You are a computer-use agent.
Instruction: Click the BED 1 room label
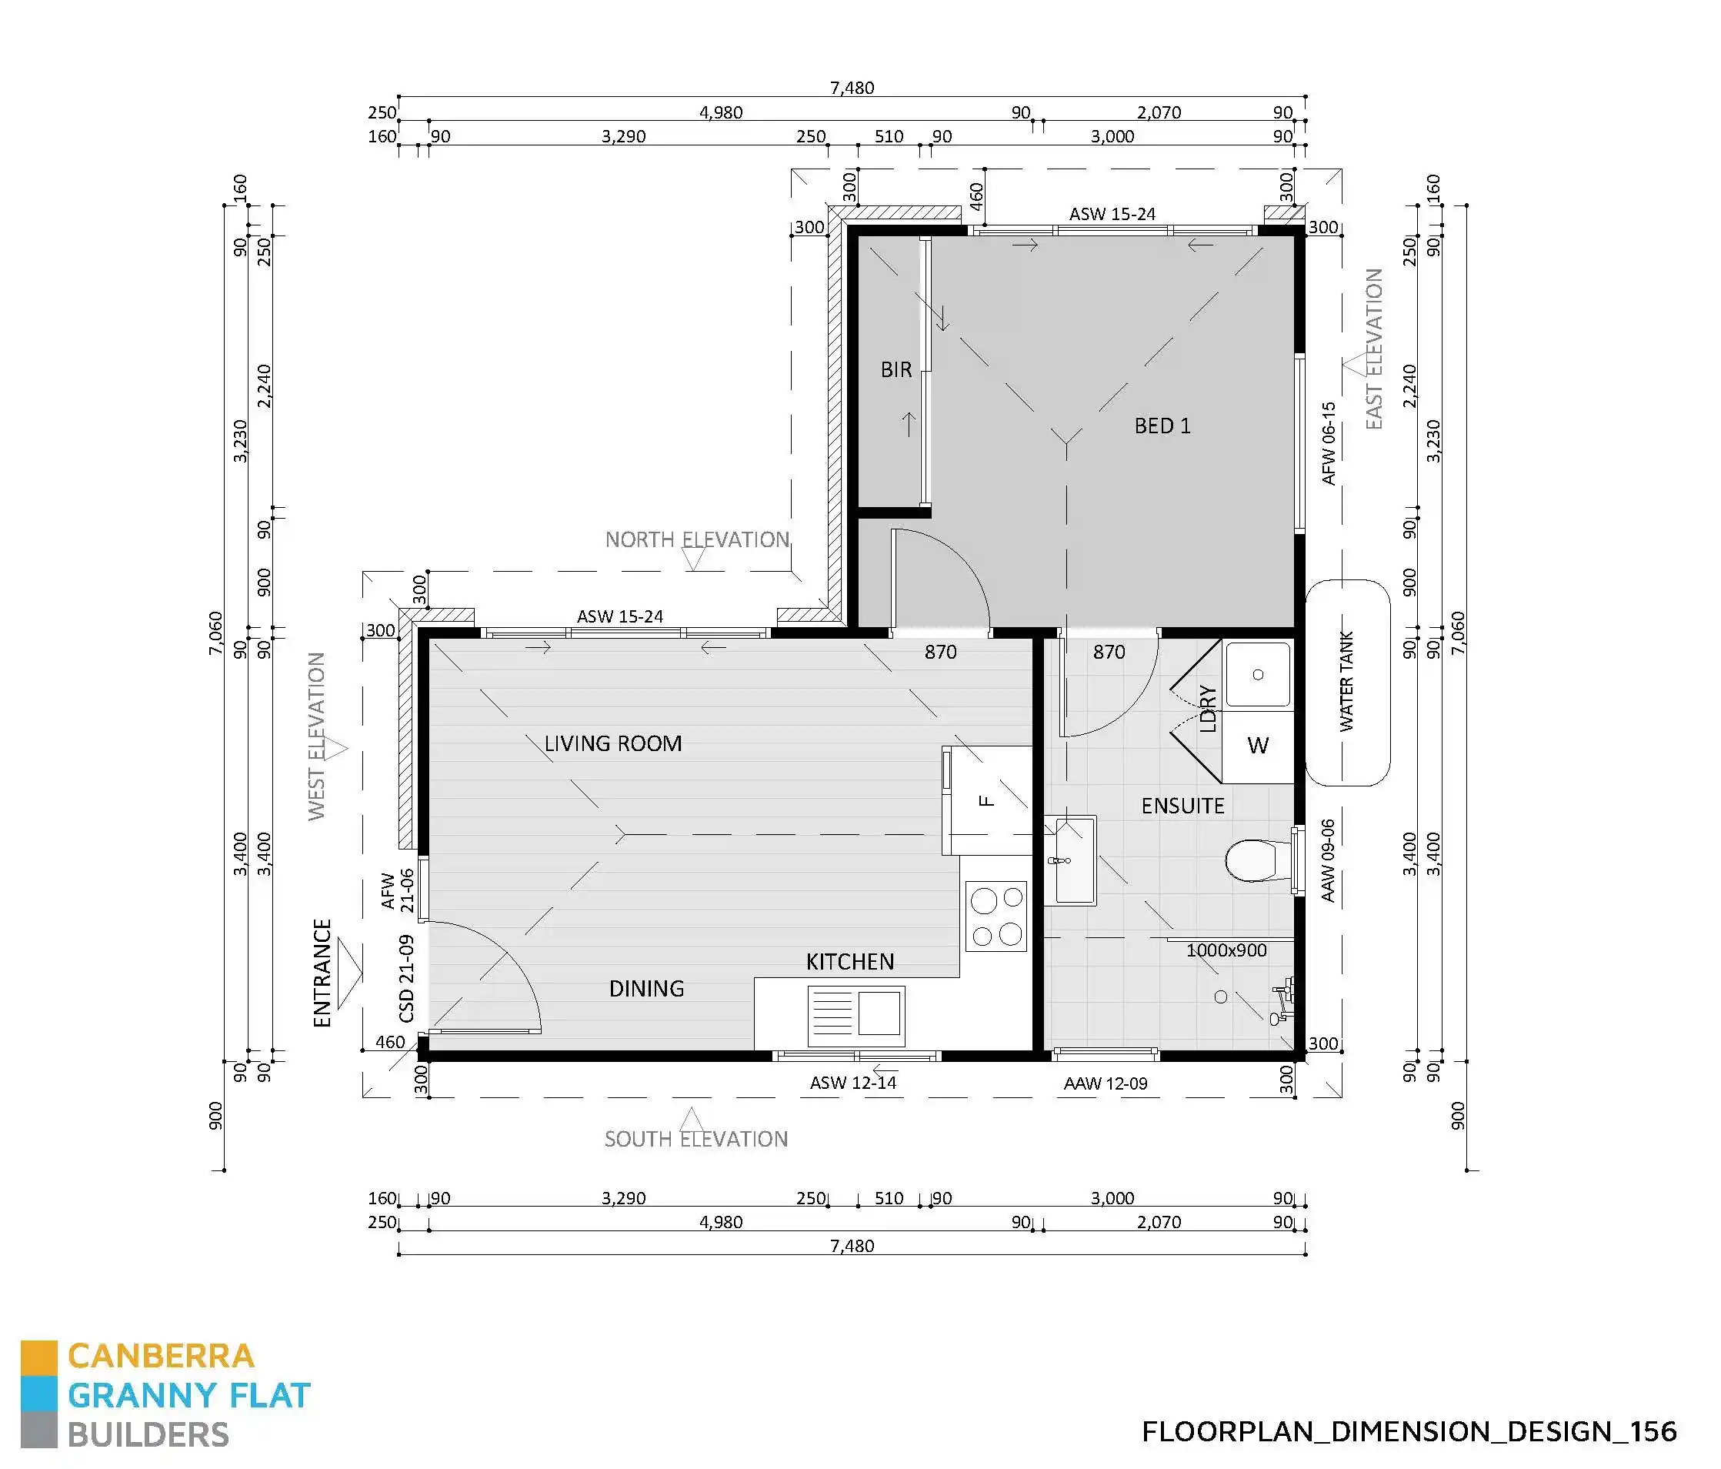1162,426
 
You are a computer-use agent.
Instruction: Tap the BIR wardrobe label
896,369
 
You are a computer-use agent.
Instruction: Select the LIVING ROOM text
613,743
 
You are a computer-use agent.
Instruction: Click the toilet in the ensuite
1254,860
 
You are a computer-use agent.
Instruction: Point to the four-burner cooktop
996,916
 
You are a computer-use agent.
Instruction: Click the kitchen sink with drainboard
855,1015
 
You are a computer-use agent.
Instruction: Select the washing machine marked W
1258,746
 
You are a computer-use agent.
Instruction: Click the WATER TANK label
1346,682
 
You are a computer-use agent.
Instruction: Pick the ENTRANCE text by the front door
322,973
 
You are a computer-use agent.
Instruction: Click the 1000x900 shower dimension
1226,950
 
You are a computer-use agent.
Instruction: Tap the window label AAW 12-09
1106,1083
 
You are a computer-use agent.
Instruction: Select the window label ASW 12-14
853,1083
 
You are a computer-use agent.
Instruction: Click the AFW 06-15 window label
1328,444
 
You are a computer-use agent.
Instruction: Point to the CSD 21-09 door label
406,979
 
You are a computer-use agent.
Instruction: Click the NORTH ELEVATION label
697,540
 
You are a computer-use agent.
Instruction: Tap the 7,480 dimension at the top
852,88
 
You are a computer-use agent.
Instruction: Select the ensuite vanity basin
1070,860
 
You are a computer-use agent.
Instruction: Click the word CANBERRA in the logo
160,1356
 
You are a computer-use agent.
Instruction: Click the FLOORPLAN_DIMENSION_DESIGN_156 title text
1409,1431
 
